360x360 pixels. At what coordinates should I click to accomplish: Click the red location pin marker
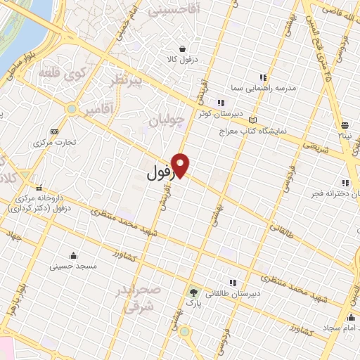point(181,165)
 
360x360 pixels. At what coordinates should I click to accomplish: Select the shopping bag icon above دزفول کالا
point(183,49)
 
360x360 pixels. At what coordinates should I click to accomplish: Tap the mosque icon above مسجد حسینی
point(74,255)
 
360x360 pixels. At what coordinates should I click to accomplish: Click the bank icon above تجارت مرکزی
point(54,131)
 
